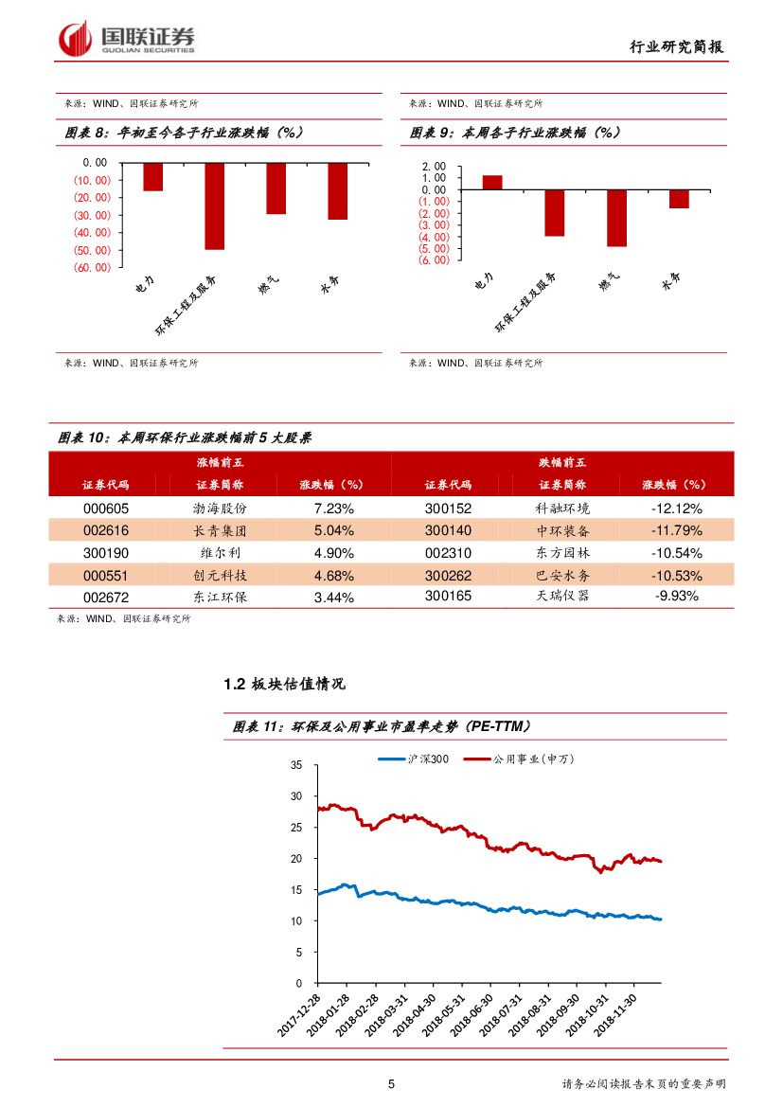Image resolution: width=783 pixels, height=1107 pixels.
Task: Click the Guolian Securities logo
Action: [127, 37]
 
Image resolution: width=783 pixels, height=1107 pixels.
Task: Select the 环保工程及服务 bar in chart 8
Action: [215, 205]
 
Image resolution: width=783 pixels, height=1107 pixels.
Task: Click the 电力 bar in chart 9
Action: [492, 182]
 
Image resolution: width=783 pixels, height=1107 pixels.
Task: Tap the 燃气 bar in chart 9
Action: [616, 218]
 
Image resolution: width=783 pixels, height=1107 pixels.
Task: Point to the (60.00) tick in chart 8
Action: [91, 267]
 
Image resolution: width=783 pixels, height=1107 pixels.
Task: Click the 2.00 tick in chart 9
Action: [434, 167]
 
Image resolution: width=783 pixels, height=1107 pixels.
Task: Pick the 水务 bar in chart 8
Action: [337, 191]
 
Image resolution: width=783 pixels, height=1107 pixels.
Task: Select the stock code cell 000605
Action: [106, 509]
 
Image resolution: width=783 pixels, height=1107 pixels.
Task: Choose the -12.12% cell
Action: [676, 509]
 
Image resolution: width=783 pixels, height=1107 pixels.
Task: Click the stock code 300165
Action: [448, 597]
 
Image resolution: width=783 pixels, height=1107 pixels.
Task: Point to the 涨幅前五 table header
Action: [220, 462]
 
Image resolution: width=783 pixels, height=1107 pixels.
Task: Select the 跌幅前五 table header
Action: [562, 462]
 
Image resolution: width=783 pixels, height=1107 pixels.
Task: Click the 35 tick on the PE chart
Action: [296, 765]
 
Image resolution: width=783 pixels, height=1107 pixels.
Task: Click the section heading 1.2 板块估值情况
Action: [284, 684]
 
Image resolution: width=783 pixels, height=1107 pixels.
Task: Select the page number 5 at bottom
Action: [391, 1084]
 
